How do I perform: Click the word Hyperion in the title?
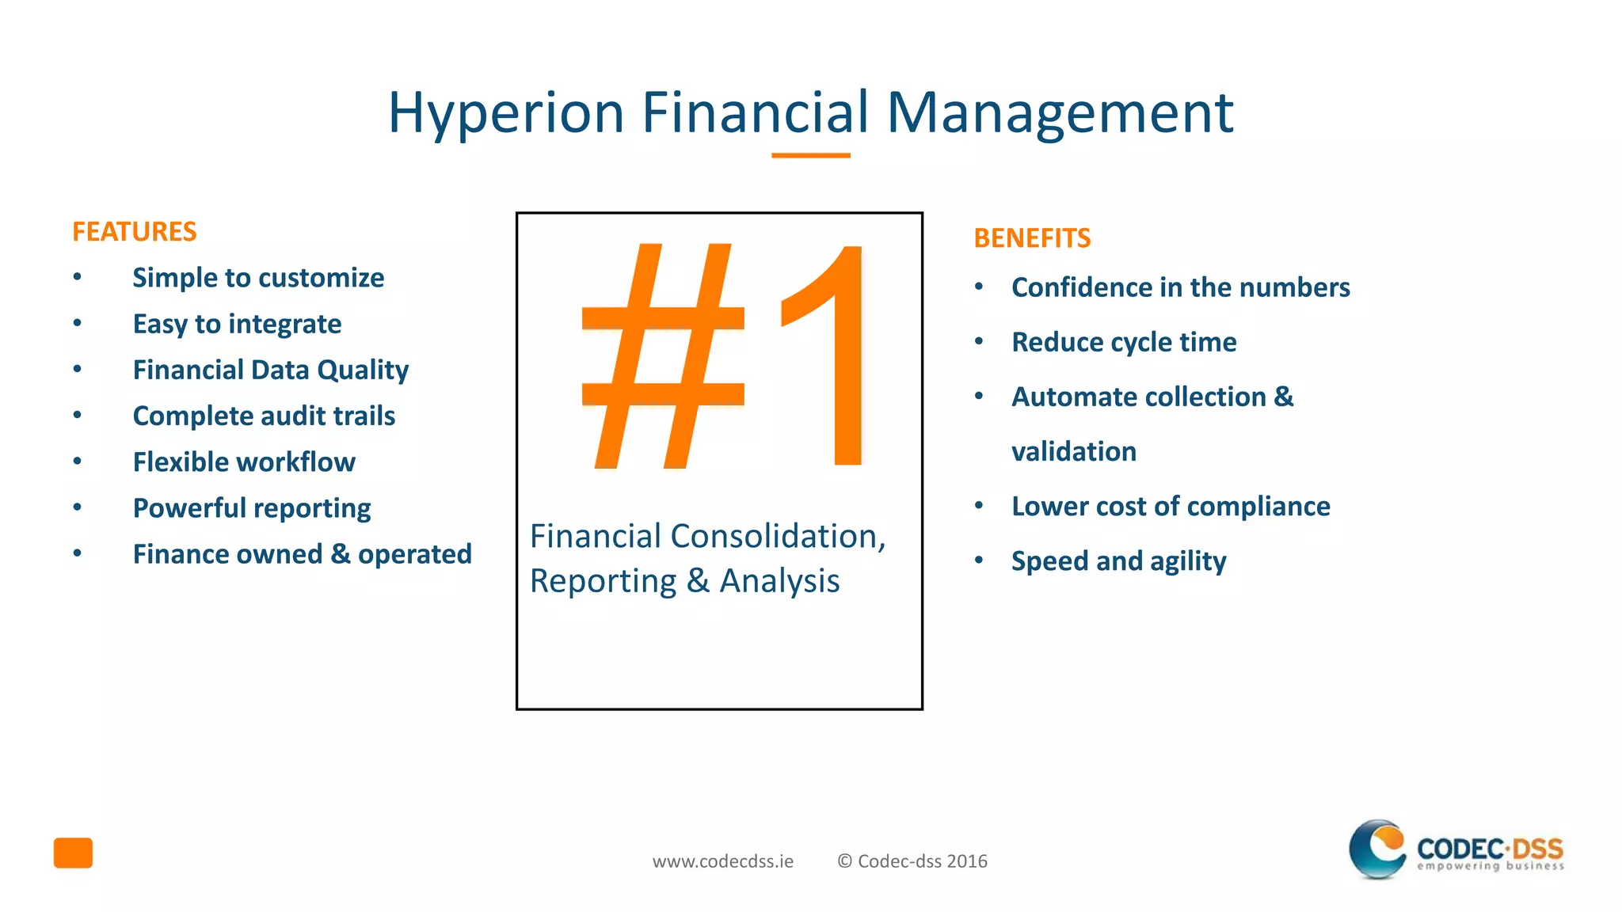506,113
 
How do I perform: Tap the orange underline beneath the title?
810,156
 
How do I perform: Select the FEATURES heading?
134,232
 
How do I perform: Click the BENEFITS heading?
1031,238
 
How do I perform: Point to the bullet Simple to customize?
258,278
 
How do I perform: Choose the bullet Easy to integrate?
237,324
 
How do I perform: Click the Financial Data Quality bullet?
270,370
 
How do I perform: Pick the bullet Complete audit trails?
264,416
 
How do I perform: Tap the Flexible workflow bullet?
244,462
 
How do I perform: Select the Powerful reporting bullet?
252,508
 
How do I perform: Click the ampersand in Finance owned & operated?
341,553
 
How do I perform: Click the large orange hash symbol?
663,356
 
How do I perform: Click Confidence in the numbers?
1180,287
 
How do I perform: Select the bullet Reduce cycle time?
1123,342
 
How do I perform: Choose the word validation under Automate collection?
1073,451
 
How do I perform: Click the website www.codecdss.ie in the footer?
722,861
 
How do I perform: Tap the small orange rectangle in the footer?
73,853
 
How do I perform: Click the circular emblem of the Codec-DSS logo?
1378,849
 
